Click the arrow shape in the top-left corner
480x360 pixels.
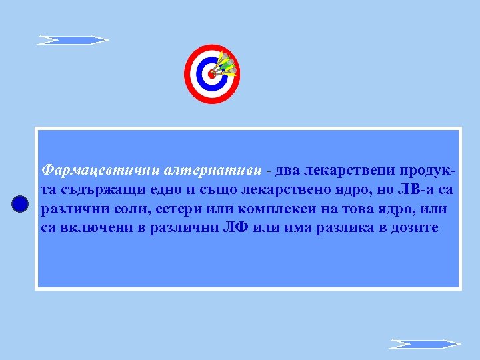click(x=72, y=40)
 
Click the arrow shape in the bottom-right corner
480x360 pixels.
click(x=425, y=344)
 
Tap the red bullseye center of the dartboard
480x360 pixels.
click(x=212, y=73)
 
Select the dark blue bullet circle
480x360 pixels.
click(x=20, y=205)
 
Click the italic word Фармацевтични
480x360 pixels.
click(x=85, y=171)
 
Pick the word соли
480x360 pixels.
click(x=125, y=209)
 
